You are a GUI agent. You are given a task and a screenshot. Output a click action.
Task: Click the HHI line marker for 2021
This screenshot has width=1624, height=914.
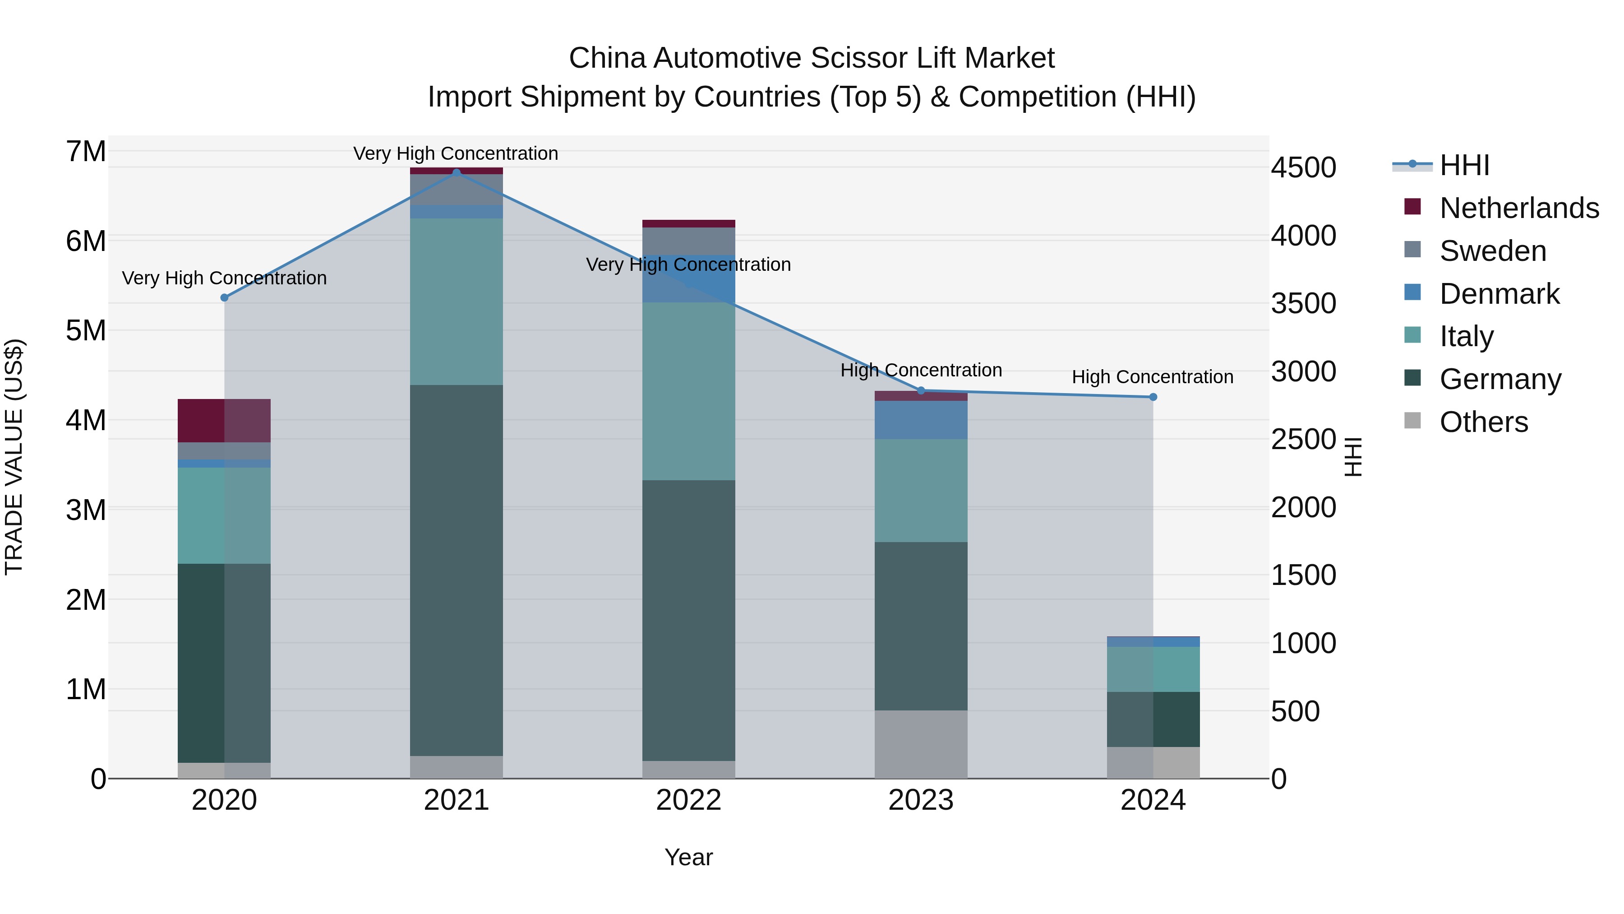(x=457, y=172)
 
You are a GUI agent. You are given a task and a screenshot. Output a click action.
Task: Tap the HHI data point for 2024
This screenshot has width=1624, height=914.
(x=1153, y=397)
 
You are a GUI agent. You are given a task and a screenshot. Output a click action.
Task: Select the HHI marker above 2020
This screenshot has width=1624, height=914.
(x=225, y=297)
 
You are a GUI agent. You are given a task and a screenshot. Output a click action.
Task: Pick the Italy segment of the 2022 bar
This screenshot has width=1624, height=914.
(x=688, y=391)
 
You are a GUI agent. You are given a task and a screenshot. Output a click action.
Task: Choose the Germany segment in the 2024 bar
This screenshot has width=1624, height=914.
(x=1153, y=719)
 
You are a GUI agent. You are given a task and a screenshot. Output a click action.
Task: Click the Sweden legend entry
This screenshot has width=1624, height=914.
(x=1492, y=251)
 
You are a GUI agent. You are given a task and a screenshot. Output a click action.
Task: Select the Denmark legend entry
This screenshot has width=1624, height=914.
(x=1499, y=294)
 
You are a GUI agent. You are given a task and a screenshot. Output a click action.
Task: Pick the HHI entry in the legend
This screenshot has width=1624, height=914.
(x=1464, y=165)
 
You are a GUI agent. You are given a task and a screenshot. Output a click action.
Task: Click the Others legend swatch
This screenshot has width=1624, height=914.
(x=1413, y=421)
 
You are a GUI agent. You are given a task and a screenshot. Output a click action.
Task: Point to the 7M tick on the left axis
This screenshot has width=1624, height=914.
(x=86, y=151)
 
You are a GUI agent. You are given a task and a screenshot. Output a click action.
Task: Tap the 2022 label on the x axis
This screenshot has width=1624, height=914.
(x=688, y=800)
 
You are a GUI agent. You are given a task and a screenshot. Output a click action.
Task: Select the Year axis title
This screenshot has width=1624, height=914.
(x=688, y=857)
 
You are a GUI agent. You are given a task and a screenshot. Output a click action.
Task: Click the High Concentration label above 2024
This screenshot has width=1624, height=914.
(x=1153, y=377)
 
